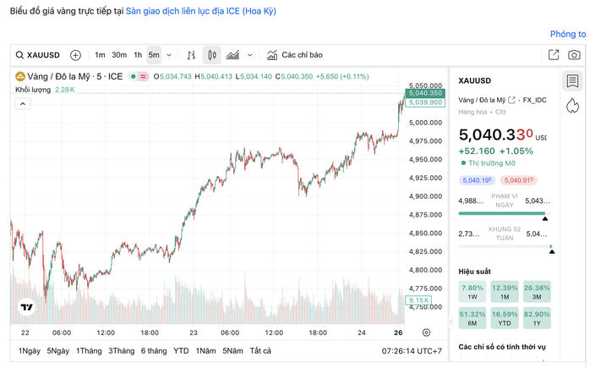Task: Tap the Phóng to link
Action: [568, 35]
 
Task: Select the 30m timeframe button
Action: [119, 55]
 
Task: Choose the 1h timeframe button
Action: [138, 55]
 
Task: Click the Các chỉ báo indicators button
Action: [295, 55]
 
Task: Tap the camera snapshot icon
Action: [574, 55]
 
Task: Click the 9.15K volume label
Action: [418, 300]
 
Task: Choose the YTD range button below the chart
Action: [181, 351]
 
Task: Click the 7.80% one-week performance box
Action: [471, 293]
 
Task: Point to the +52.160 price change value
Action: [477, 151]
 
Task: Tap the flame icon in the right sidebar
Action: [572, 104]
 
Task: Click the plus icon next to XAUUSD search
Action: [75, 55]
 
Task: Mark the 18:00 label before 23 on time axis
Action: [149, 332]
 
